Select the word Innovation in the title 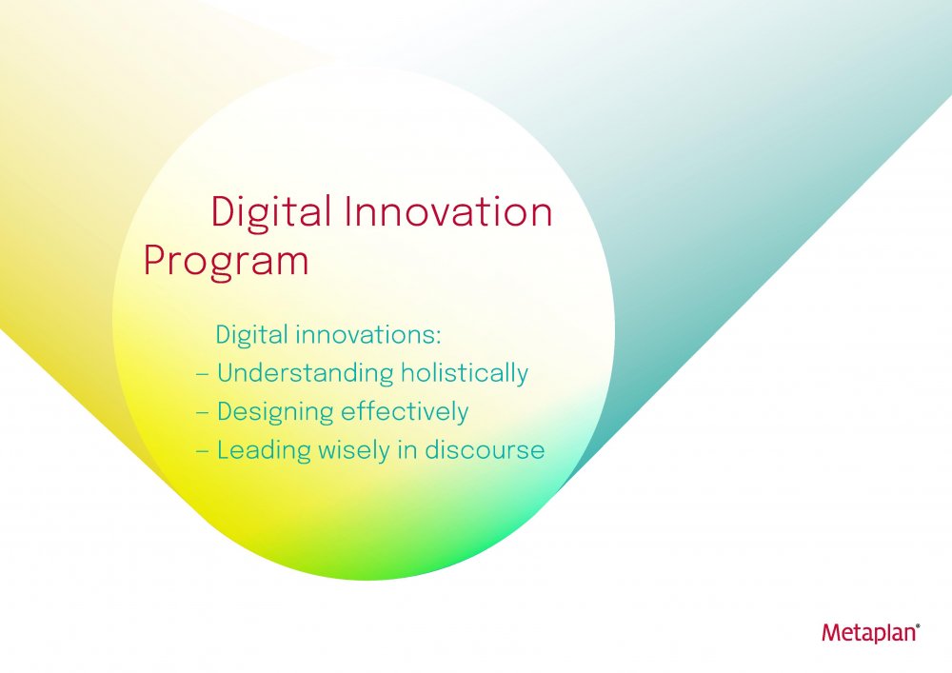448,211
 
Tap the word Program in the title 226,261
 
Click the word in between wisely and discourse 407,449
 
